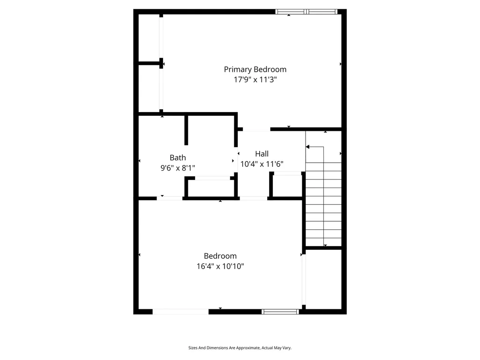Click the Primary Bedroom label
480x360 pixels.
pyautogui.click(x=255, y=69)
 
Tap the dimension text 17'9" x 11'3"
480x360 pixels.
pyautogui.click(x=255, y=80)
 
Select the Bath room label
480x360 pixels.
pyautogui.click(x=178, y=158)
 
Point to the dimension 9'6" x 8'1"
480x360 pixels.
pyautogui.click(x=178, y=168)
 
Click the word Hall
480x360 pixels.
pyautogui.click(x=262, y=154)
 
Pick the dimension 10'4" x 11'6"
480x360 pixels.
pyautogui.click(x=262, y=164)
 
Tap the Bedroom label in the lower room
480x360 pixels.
pyautogui.click(x=220, y=256)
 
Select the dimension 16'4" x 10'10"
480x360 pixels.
pyautogui.click(x=220, y=266)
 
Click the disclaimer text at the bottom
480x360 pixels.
pyautogui.click(x=240, y=348)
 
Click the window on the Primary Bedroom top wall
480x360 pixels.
pyautogui.click(x=306, y=12)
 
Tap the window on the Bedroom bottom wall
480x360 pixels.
pyautogui.click(x=280, y=311)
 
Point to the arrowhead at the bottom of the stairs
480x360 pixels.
pyautogui.click(x=325, y=245)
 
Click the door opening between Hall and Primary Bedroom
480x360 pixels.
pyautogui.click(x=256, y=129)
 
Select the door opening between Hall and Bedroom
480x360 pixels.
pyautogui.click(x=254, y=198)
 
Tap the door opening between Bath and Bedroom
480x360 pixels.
pyautogui.click(x=169, y=198)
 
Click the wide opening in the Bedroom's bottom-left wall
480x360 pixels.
pyautogui.click(x=180, y=311)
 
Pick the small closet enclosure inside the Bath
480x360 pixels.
pyautogui.click(x=210, y=188)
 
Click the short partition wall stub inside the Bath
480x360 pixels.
pyautogui.click(x=186, y=130)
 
